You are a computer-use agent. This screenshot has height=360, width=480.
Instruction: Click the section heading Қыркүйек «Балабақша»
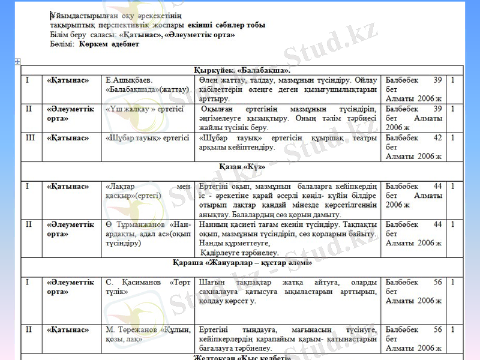pos(242,70)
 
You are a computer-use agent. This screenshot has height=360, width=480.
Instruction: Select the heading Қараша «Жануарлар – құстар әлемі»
pos(242,263)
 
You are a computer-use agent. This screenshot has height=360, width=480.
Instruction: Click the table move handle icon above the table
pos(18,61)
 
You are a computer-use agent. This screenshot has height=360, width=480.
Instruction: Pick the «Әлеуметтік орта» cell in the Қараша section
pos(70,286)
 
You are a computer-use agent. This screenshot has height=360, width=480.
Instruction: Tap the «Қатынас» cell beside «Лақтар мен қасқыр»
pos(68,187)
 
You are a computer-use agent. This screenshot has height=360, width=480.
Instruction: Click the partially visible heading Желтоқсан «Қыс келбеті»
pos(242,358)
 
